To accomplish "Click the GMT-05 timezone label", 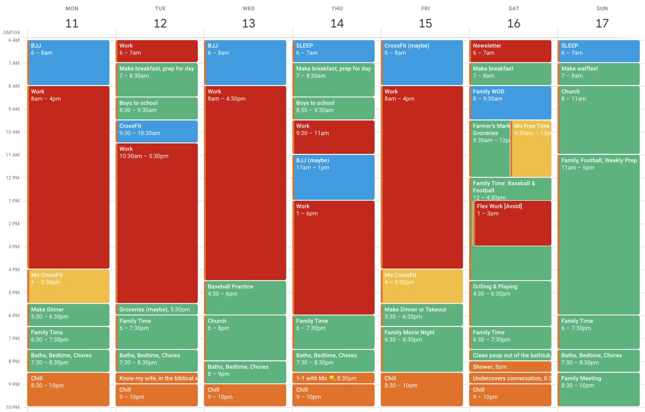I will (11, 32).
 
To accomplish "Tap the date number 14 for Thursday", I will (336, 23).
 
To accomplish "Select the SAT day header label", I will (513, 9).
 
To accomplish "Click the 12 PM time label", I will (13, 178).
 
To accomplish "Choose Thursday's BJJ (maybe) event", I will (334, 177).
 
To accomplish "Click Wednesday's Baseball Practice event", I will (245, 297).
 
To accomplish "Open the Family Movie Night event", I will (422, 349).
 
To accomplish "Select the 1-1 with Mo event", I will (334, 378).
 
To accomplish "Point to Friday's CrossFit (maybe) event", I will (422, 62).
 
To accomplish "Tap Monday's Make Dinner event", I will (69, 315).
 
